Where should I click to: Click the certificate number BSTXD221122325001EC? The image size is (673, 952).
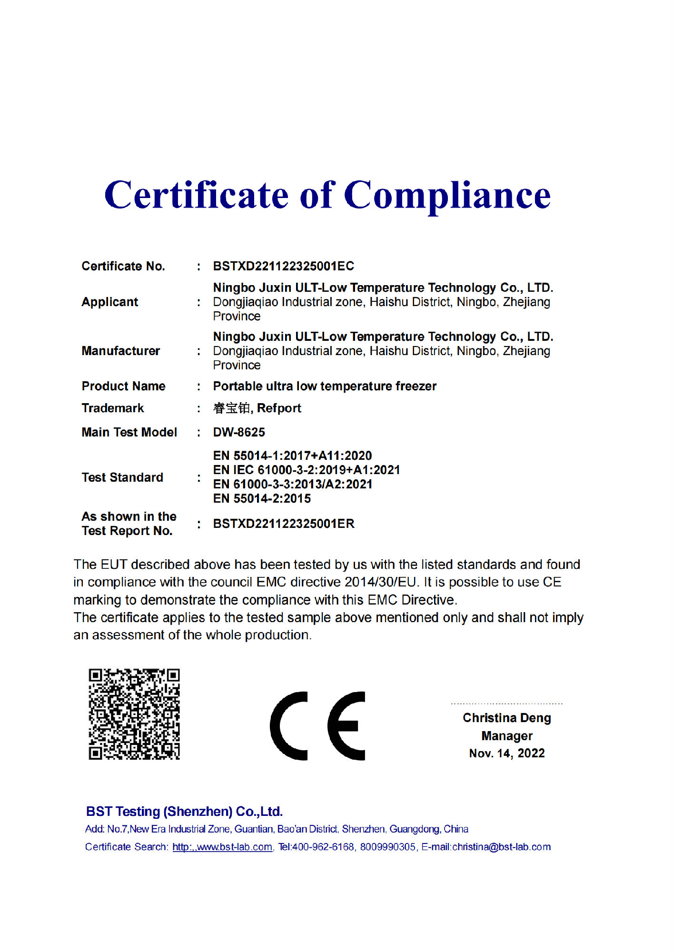(283, 266)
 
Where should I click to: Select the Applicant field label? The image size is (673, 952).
(109, 302)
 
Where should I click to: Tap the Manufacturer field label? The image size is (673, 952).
(120, 351)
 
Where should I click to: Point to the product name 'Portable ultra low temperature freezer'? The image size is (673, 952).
(325, 386)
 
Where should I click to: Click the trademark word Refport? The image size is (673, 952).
(279, 408)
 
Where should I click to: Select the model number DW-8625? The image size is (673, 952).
(239, 432)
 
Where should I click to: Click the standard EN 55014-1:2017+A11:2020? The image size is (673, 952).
(292, 456)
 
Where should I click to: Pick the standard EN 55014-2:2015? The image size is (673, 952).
(262, 499)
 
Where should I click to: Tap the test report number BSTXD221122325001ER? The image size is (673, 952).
(284, 524)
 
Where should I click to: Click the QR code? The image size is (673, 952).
(134, 714)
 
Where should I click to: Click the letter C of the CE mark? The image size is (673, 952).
(289, 726)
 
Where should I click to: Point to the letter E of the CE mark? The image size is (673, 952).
(346, 726)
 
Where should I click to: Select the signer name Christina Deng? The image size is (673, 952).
(506, 718)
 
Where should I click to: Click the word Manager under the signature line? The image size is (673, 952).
(506, 736)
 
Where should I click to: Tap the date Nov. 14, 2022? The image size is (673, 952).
(506, 754)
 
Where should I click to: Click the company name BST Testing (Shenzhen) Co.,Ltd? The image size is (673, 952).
(184, 812)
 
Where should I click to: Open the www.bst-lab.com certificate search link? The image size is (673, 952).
(222, 847)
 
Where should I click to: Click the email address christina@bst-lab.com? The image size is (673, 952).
(501, 847)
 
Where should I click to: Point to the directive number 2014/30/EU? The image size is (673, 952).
(381, 582)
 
